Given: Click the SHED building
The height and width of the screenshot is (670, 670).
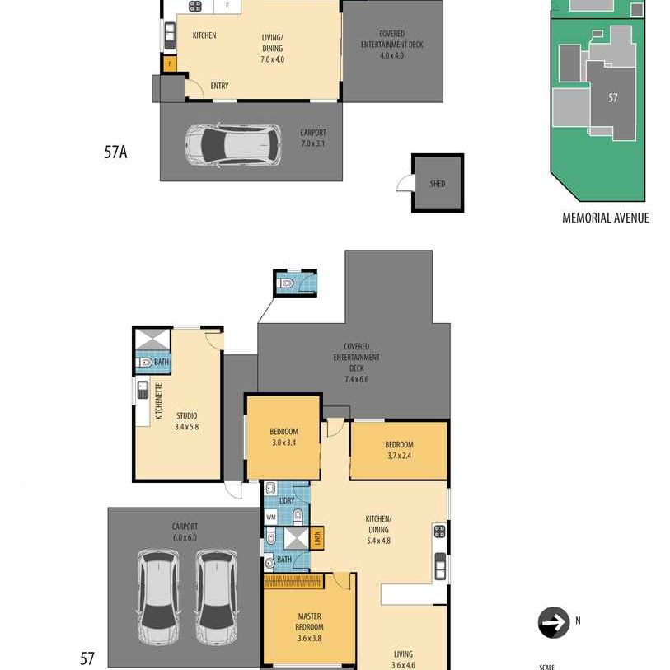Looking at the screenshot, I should click(437, 183).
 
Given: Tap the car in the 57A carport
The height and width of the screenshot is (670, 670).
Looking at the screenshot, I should click(232, 145).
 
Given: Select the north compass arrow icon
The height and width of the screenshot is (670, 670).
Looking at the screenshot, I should click(553, 623).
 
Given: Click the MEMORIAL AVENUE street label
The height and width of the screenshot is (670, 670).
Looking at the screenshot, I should click(605, 218).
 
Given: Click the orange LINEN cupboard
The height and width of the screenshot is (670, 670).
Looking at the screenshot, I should click(316, 539).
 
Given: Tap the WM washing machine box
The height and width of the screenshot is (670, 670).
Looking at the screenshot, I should click(271, 517).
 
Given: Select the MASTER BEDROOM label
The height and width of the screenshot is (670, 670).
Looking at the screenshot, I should click(309, 621).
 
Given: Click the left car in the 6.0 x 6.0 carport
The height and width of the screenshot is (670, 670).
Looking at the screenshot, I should click(158, 597).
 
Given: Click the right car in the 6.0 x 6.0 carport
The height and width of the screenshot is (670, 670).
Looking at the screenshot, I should click(215, 597).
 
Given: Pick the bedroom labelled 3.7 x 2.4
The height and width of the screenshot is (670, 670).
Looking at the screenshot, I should click(399, 450).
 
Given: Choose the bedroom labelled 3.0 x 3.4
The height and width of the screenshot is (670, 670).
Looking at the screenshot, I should click(283, 437).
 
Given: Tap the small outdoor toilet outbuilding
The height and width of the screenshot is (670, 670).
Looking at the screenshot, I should click(294, 283).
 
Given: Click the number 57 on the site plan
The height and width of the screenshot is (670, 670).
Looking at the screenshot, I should click(612, 98).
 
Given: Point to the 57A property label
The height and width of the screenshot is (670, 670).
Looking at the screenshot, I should click(115, 152).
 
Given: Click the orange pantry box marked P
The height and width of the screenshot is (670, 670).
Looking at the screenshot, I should click(169, 63).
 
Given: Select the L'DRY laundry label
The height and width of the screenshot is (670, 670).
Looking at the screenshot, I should click(287, 501).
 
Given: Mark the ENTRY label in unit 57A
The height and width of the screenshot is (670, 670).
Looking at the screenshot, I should click(219, 86).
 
